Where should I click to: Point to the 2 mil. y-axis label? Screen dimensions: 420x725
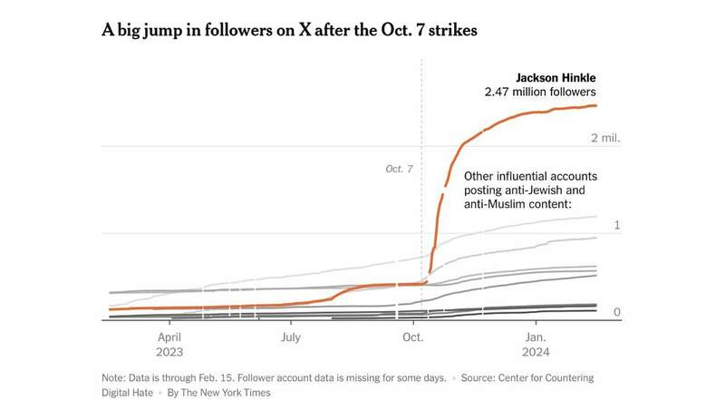click(x=604, y=138)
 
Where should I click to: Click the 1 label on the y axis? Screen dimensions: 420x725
click(x=616, y=224)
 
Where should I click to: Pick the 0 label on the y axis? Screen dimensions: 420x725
click(x=616, y=312)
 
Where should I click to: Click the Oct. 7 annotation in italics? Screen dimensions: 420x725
click(x=399, y=169)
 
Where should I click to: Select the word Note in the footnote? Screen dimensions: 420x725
click(x=115, y=377)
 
